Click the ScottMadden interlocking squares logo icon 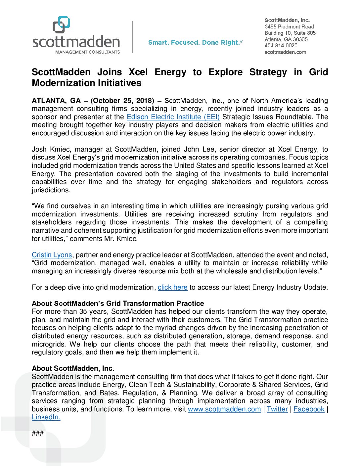click(61, 24)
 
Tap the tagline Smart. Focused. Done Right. click(195, 42)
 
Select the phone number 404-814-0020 click(281, 46)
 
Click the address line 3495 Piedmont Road click(289, 26)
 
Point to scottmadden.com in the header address click(285, 52)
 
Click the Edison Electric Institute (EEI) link click(173, 117)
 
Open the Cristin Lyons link click(52, 255)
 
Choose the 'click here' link click(172, 287)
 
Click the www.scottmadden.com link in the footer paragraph click(224, 409)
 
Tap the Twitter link click(277, 409)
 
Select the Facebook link click(309, 409)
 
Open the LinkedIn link click(46, 417)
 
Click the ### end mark click(38, 433)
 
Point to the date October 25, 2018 click(122, 101)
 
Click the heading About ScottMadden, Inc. click(73, 368)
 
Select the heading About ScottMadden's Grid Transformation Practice click(118, 303)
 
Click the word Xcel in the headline click(138, 72)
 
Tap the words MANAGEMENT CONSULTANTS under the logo click(87, 52)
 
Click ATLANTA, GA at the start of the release click(56, 101)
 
